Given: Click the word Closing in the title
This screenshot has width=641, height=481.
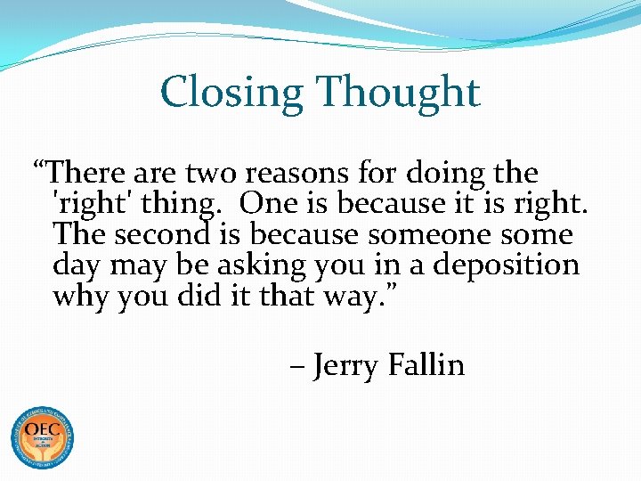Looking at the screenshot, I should (x=231, y=93).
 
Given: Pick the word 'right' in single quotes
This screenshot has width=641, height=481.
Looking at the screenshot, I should (x=88, y=204).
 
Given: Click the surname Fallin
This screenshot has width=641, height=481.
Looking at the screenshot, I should (x=426, y=364).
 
